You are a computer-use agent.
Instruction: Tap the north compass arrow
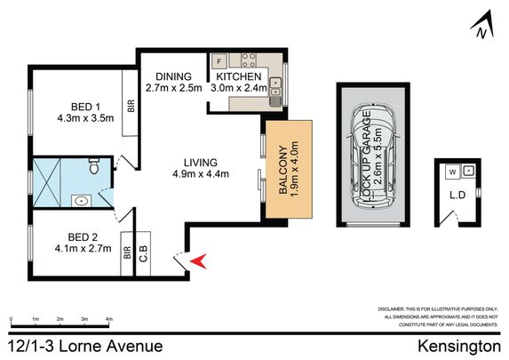481,28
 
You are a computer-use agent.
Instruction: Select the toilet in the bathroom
95,165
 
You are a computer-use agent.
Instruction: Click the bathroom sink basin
82,201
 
